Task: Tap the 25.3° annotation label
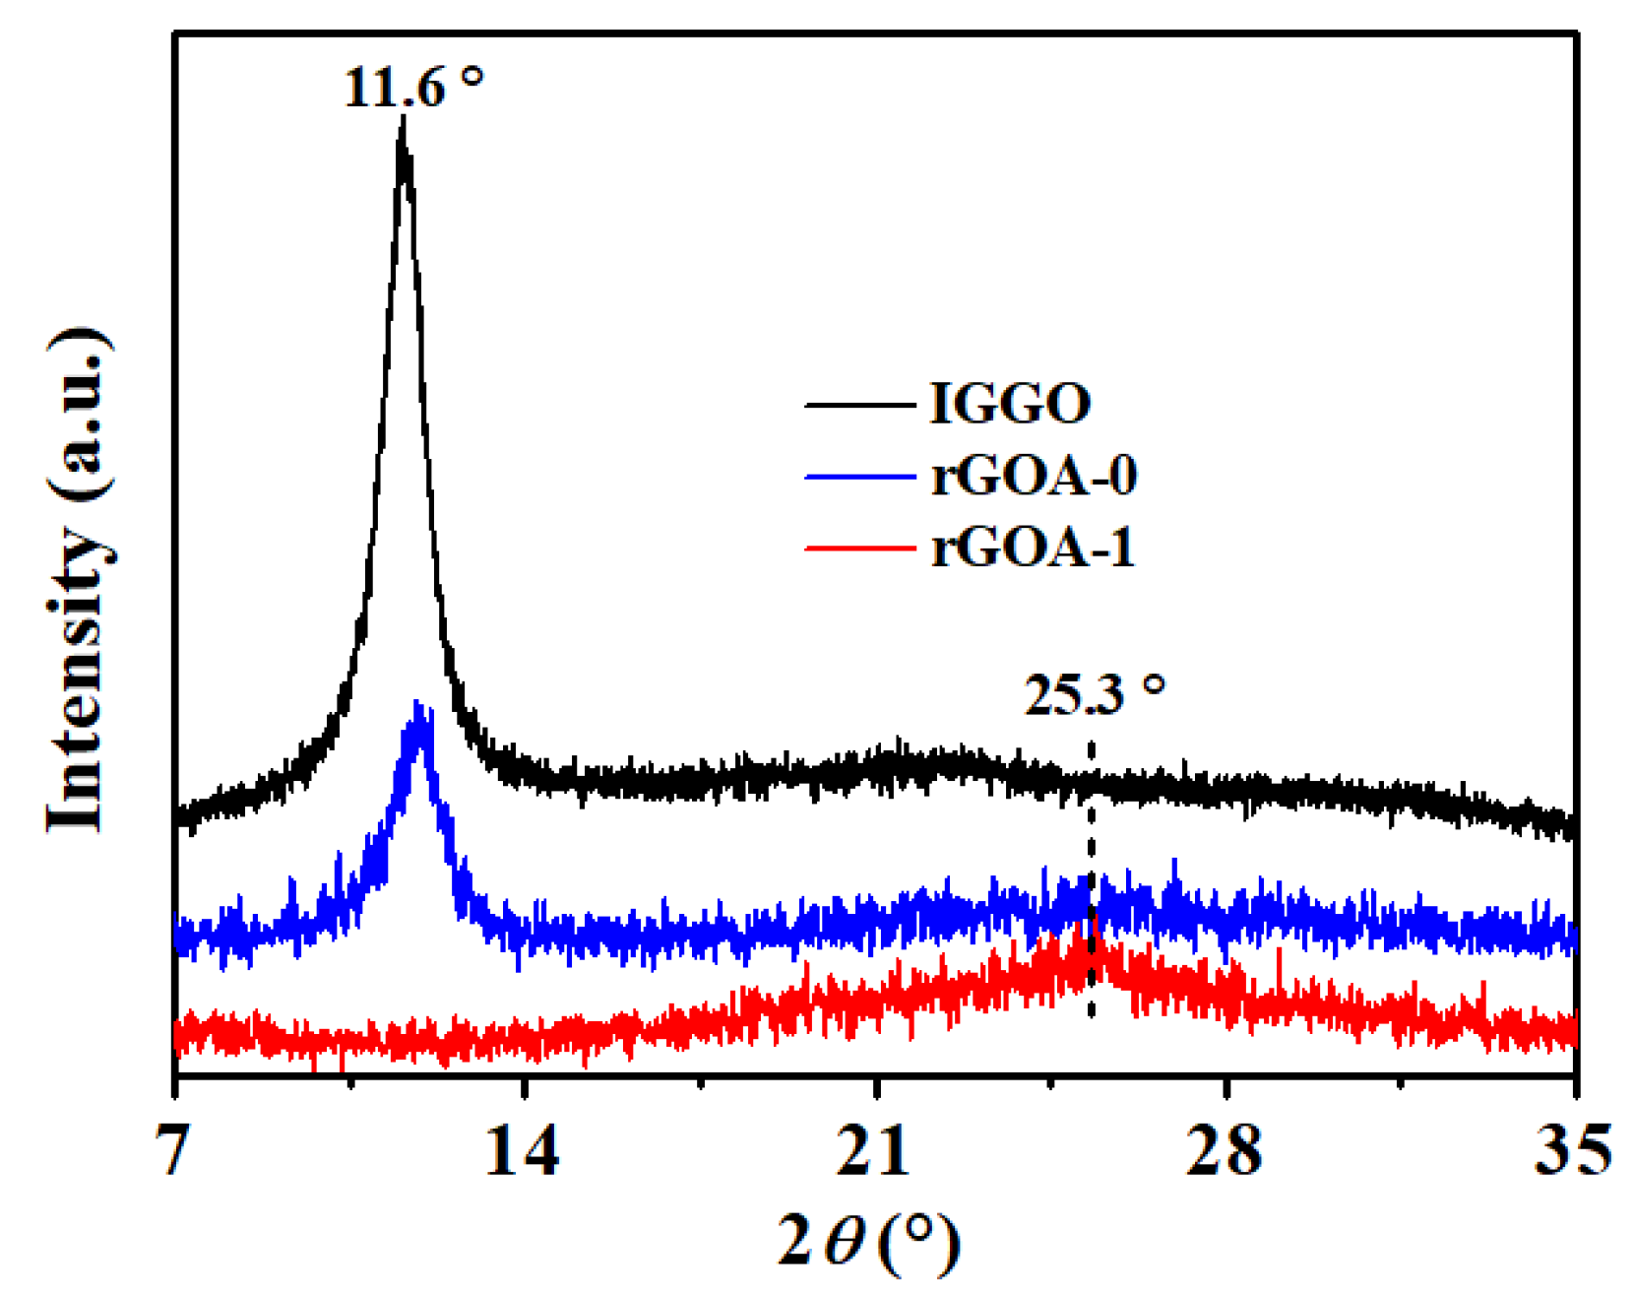(x=1095, y=696)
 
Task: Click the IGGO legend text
(x=1010, y=404)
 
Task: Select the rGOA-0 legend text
(x=1034, y=476)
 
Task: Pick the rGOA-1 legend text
(x=1033, y=548)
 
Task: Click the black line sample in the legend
(x=859, y=405)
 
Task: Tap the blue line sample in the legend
(x=859, y=477)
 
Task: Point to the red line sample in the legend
(x=859, y=548)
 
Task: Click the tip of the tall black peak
(x=403, y=120)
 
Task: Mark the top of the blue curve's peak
(x=419, y=705)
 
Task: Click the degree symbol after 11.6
(x=472, y=76)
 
